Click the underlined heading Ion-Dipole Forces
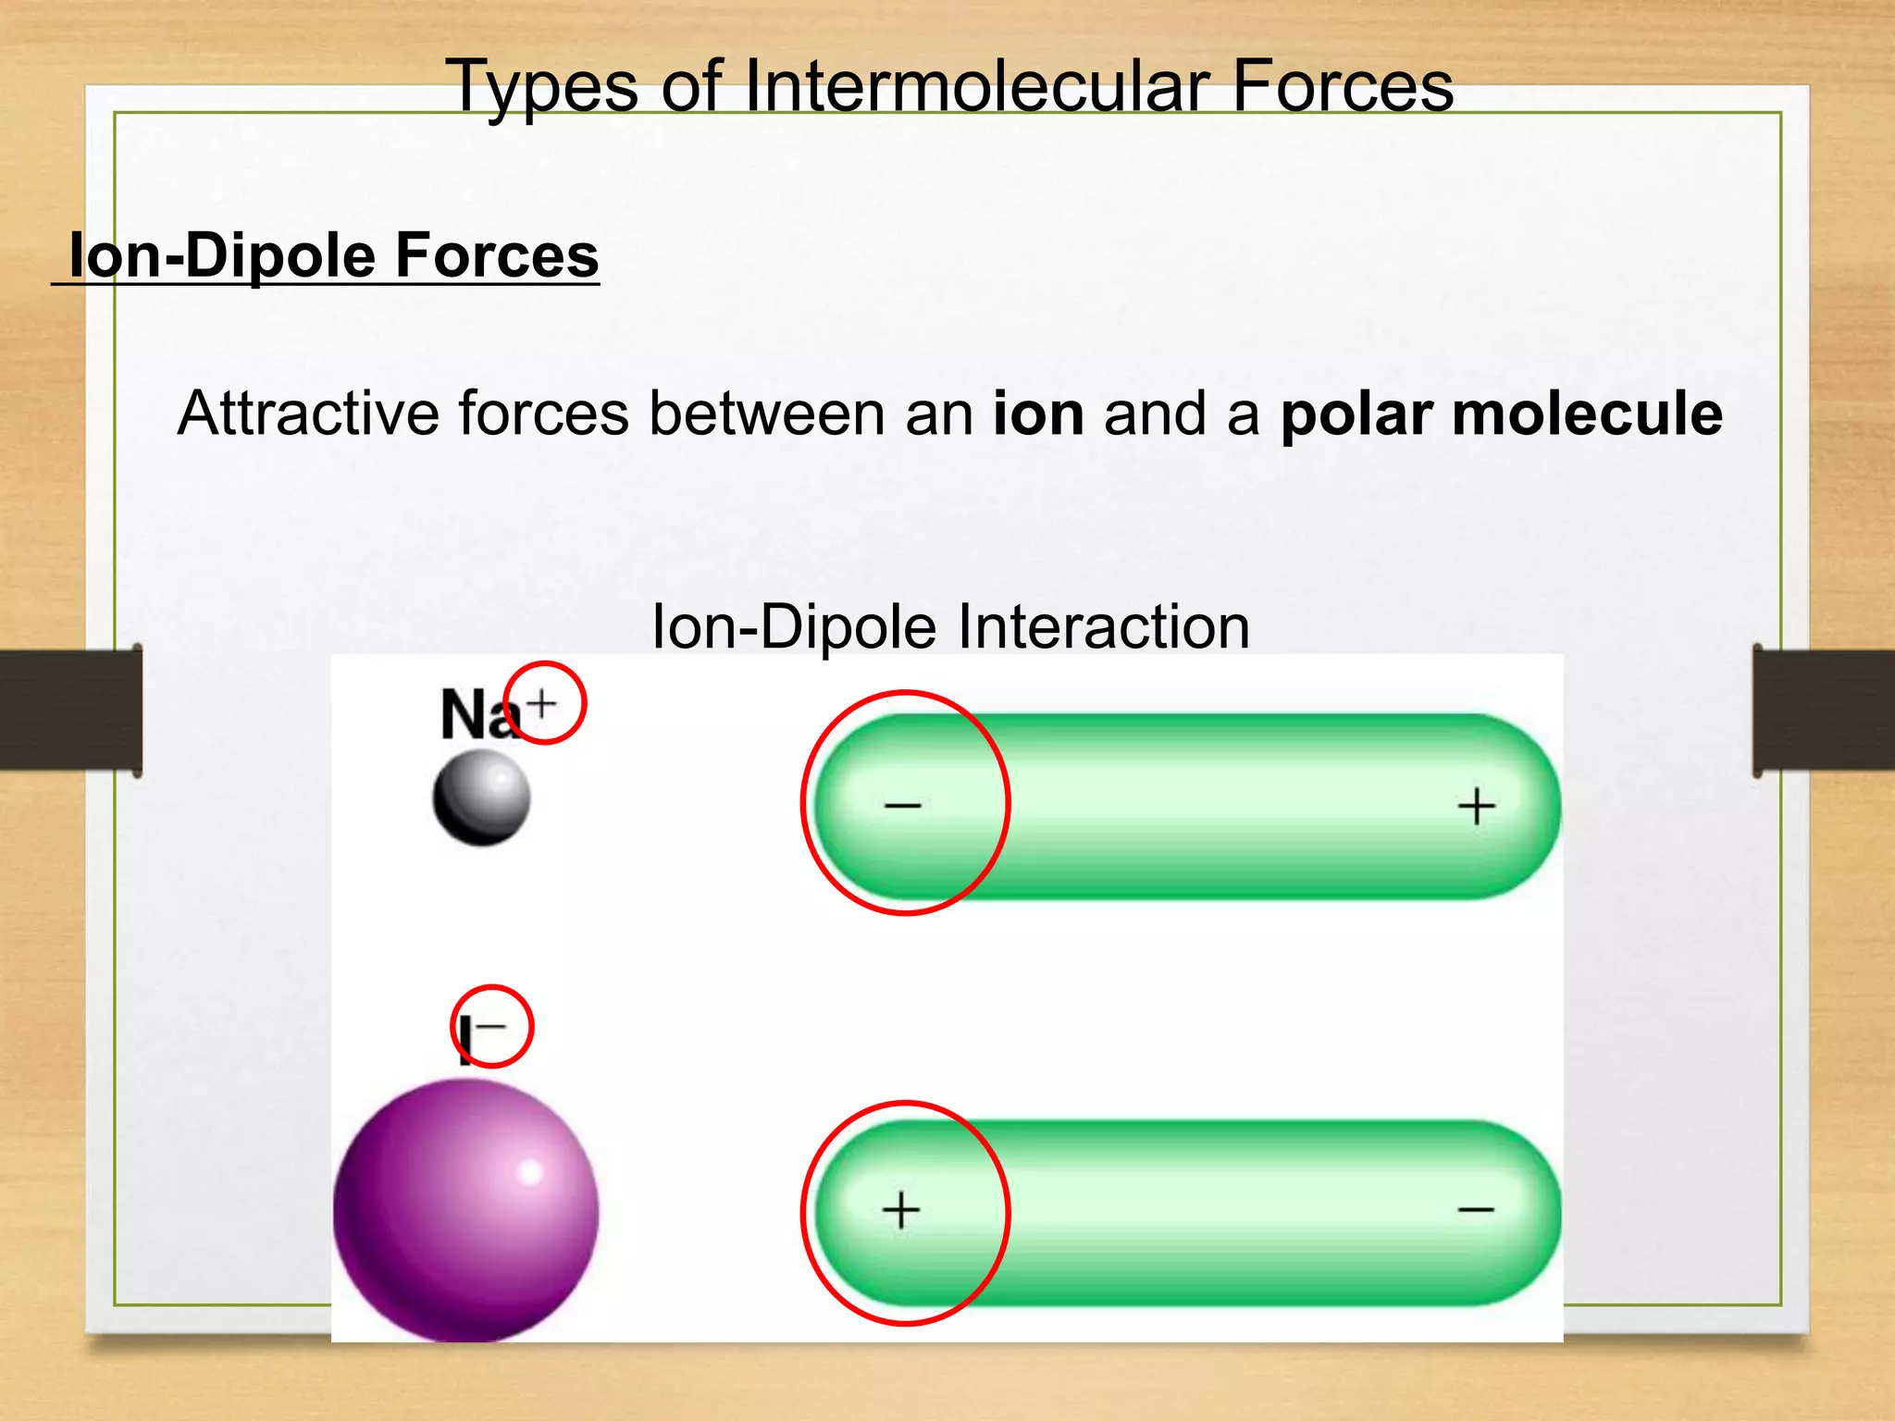pos(333,255)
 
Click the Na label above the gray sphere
pos(477,715)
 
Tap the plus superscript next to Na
pos(542,704)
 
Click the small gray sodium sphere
pos(481,797)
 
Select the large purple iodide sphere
pos(465,1210)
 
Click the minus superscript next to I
pos(491,1025)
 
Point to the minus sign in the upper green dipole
pos(902,806)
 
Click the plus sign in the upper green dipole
pos(1476,806)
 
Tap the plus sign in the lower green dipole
pos(901,1210)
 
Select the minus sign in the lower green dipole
pos(1476,1210)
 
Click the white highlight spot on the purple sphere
pos(529,1172)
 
